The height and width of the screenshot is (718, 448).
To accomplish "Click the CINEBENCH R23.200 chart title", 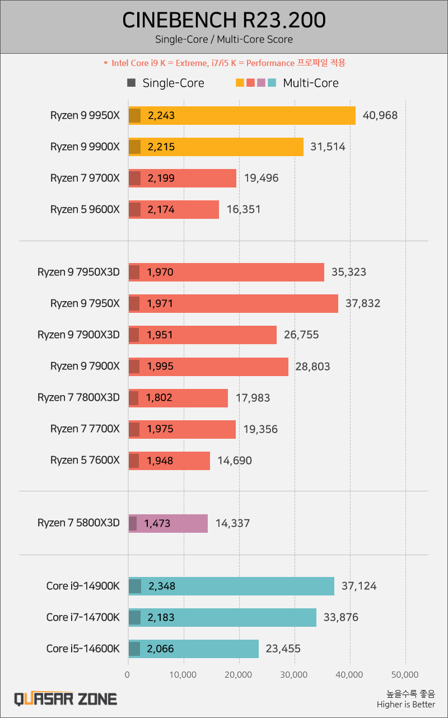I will coord(224,21).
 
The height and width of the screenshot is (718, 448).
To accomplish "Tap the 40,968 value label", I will coord(380,116).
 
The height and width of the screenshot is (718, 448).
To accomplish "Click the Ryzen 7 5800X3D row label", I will coord(78,523).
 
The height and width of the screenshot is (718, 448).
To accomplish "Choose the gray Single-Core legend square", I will coord(132,83).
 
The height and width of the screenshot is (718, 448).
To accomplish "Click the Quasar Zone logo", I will coord(66,698).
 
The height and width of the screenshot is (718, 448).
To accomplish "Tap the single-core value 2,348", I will coord(162,586).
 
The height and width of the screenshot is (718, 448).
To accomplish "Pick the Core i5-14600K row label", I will coord(83,649).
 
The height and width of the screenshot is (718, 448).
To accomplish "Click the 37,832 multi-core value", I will coord(363,304).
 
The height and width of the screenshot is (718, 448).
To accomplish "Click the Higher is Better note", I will coord(406,705).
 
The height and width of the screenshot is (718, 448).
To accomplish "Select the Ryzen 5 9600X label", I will coord(85,210).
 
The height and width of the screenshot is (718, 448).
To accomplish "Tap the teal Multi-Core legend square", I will coord(272,83).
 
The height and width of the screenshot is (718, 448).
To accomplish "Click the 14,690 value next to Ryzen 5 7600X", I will coord(235,461).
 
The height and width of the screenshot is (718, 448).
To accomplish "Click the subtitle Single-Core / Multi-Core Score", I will coord(224,40).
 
